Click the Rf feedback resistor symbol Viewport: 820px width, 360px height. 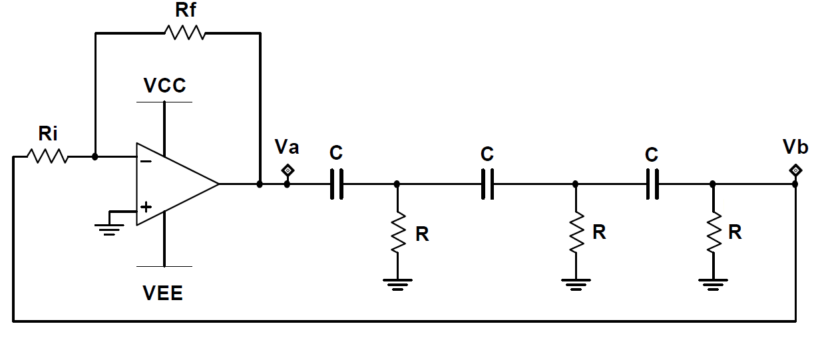point(185,33)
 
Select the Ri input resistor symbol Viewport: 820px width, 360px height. point(48,156)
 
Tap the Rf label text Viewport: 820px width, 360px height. point(186,10)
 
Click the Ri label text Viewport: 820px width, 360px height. point(48,134)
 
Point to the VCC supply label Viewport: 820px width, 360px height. point(165,86)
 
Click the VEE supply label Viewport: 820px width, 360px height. point(162,293)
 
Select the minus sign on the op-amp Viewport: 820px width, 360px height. point(146,161)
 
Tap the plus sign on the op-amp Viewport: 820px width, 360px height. point(146,207)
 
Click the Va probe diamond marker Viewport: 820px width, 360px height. point(288,170)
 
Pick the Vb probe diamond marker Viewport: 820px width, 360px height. point(795,170)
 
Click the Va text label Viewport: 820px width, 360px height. point(287,147)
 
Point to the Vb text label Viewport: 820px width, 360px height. point(795,147)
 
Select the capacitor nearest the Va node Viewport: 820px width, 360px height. point(337,184)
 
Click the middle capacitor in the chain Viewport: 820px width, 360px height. point(487,184)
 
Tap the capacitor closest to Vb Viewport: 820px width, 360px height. point(652,184)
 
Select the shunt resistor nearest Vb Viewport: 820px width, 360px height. point(714,232)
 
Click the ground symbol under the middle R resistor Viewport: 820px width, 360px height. point(576,285)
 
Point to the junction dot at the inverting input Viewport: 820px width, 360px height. point(95,156)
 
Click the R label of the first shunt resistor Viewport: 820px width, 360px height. point(422,234)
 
